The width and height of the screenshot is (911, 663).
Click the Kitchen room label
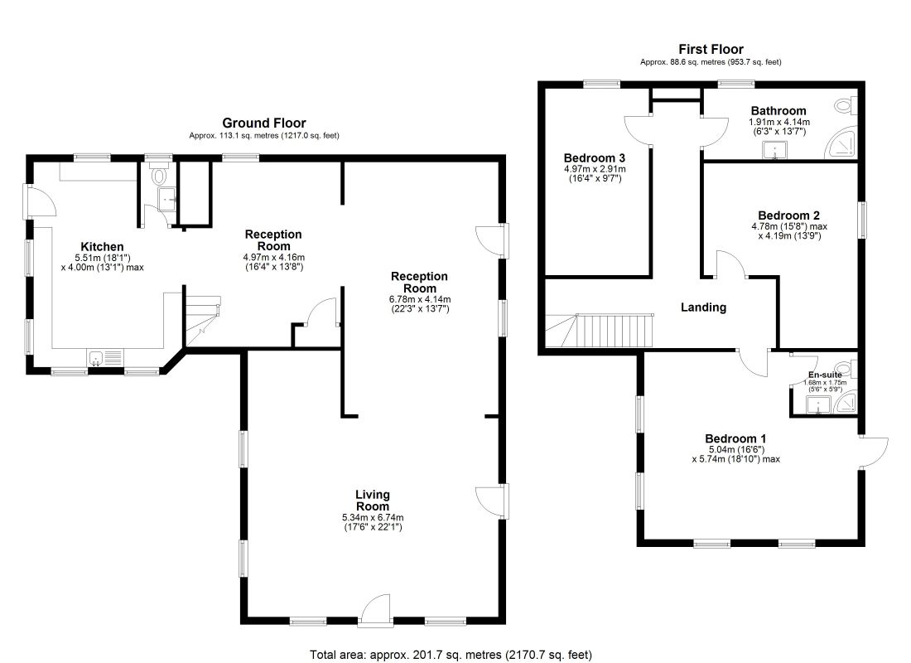102,246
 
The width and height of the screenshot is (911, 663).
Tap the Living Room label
373,501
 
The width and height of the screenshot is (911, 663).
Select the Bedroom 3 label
594,158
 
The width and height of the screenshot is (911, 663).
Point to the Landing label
703,307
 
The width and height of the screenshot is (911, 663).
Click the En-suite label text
825,375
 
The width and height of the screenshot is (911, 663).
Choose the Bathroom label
778,111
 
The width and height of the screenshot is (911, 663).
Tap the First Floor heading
711,50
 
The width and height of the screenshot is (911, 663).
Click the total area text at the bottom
451,655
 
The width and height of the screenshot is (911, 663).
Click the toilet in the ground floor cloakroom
160,175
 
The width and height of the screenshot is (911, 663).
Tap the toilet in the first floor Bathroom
845,106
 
